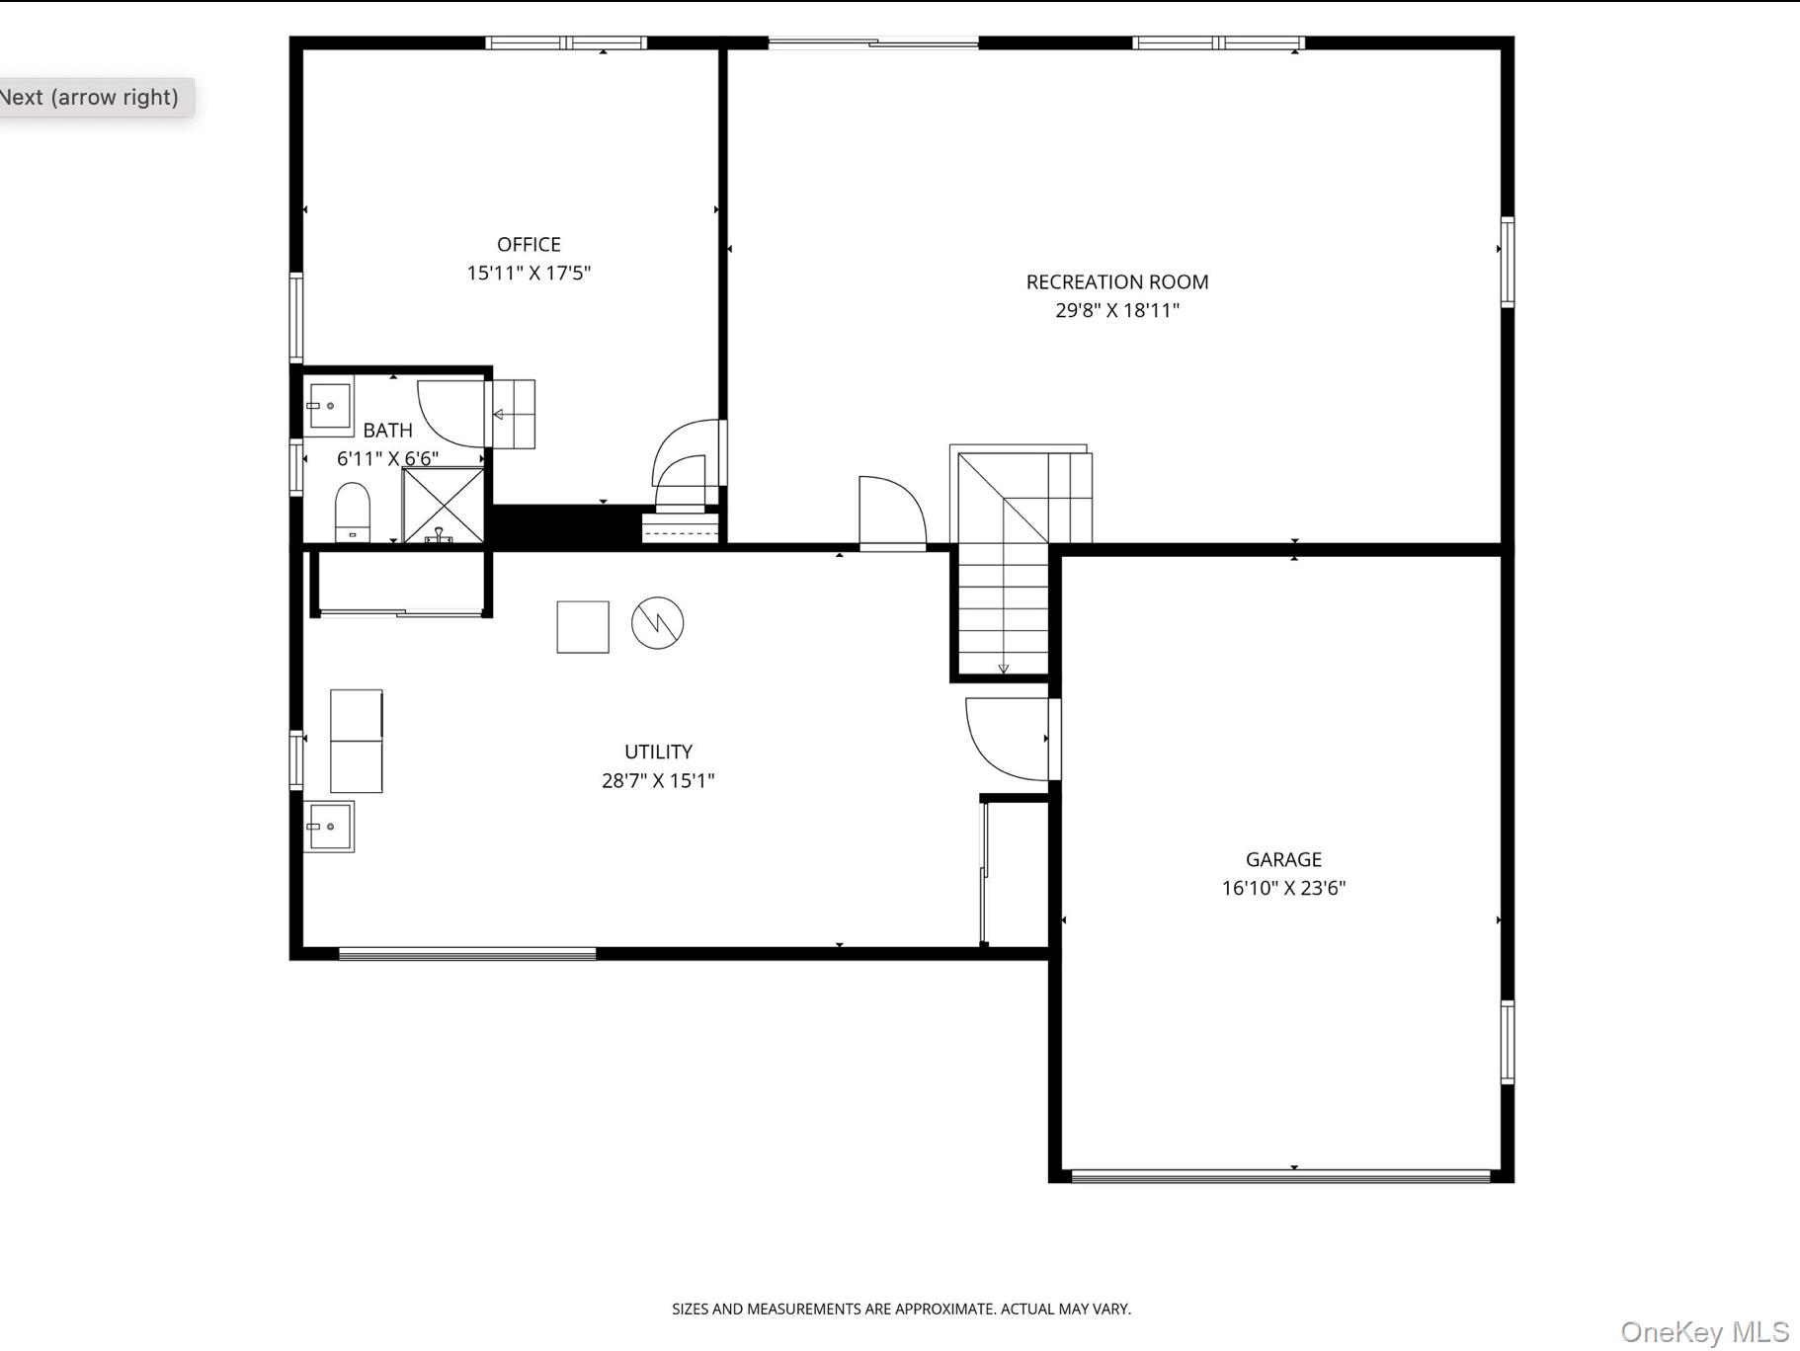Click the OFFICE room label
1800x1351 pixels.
(529, 244)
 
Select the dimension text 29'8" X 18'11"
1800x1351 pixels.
(1116, 310)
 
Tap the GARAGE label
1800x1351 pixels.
(1282, 859)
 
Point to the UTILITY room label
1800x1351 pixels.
(658, 752)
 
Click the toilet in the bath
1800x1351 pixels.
(352, 511)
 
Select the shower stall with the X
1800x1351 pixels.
(443, 506)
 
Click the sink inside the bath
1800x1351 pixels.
(328, 406)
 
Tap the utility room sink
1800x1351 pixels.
(328, 827)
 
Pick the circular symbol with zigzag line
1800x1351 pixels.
(657, 622)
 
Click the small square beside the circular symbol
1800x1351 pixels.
(583, 627)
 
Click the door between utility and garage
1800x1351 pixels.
(1008, 739)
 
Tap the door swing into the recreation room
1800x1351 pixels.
(891, 512)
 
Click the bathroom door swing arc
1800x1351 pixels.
(450, 413)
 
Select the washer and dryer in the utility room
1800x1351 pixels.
(356, 741)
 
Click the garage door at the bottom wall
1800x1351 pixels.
(1280, 1175)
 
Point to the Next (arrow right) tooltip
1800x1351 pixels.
(89, 97)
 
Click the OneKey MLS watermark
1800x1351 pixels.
(1703, 1331)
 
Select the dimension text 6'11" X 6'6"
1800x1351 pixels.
(387, 458)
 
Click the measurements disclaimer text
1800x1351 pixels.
(901, 1309)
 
